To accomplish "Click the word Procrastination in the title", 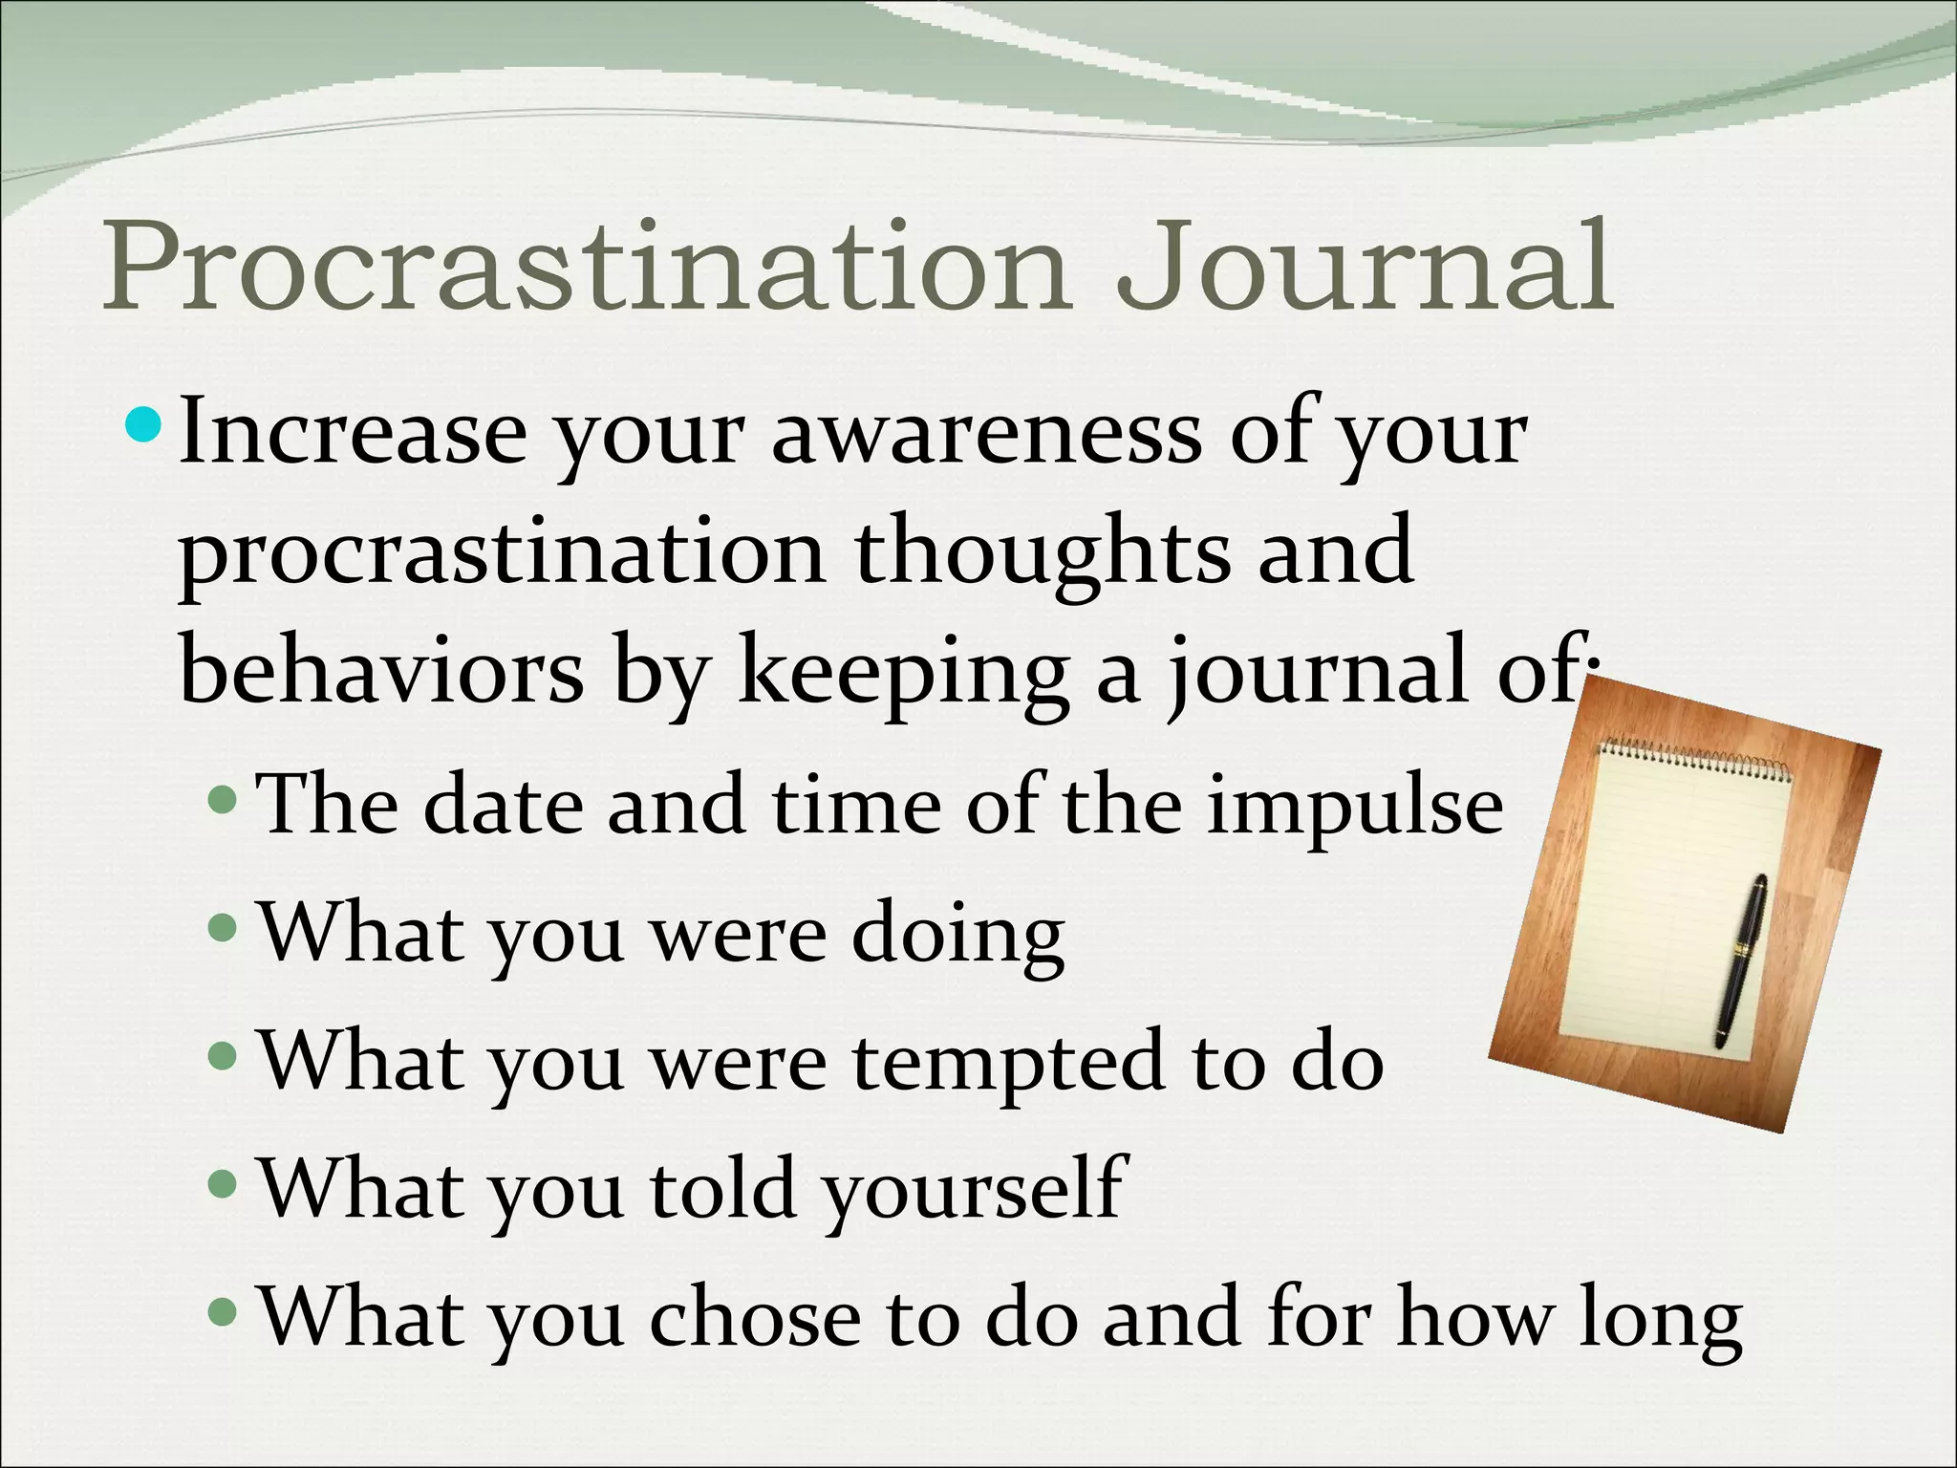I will pos(583,268).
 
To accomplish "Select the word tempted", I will pos(1007,1065).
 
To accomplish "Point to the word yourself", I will pos(975,1191).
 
